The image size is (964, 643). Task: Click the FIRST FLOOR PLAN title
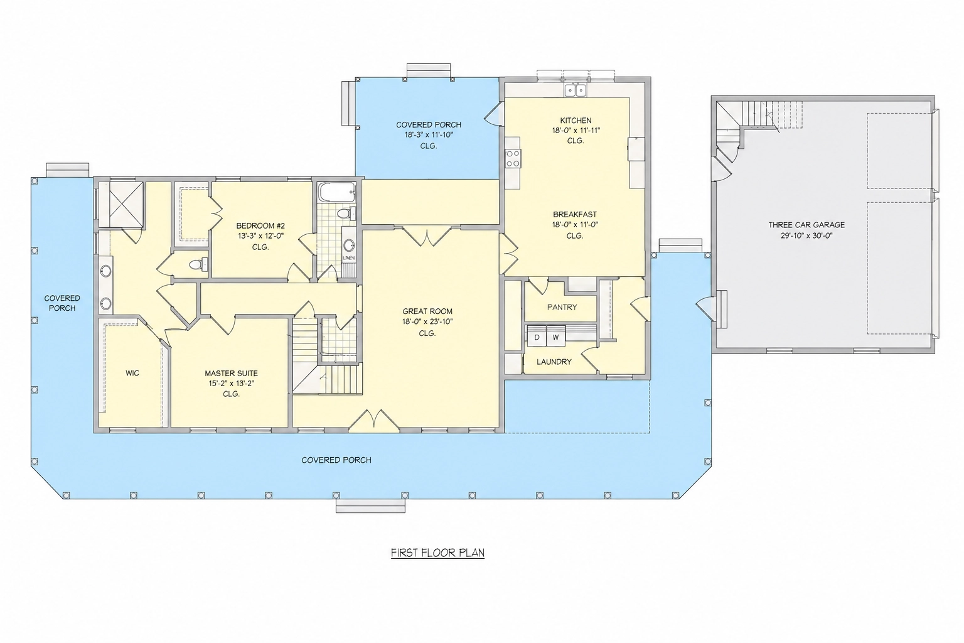(437, 553)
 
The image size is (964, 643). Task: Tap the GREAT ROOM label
(427, 311)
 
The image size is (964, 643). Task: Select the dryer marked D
(537, 337)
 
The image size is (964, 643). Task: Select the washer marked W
(555, 337)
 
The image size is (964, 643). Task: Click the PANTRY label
(562, 307)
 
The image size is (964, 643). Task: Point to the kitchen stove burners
(513, 158)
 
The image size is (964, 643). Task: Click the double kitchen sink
(576, 90)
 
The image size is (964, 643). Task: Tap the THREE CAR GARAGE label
(806, 225)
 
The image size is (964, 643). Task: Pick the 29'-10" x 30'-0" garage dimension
(806, 235)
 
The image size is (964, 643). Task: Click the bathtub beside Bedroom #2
(337, 192)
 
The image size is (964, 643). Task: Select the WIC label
(132, 373)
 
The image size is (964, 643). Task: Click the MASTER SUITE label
(231, 374)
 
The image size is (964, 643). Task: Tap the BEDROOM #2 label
(260, 225)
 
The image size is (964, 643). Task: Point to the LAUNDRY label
(554, 362)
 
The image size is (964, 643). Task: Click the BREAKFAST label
(575, 214)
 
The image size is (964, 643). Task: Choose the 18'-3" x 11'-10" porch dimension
(429, 135)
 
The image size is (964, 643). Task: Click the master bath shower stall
(126, 204)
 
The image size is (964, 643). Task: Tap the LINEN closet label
(348, 258)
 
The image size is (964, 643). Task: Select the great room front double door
(373, 420)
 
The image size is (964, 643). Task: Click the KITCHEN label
(576, 121)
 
